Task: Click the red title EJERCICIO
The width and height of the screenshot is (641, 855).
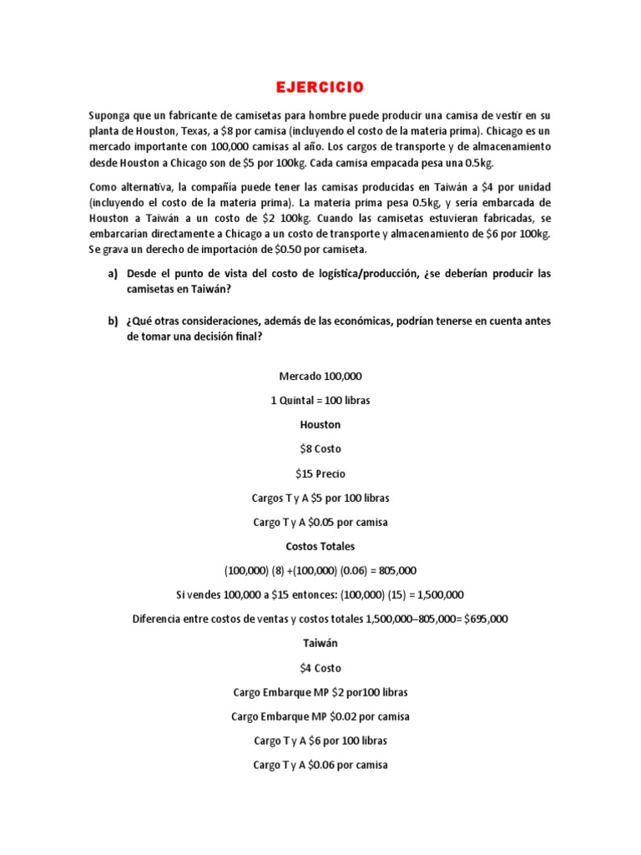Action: [x=320, y=87]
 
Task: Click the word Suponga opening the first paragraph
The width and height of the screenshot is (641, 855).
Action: [x=111, y=114]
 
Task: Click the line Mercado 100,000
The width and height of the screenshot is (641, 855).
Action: [x=320, y=376]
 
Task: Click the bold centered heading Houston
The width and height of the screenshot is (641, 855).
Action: [x=320, y=424]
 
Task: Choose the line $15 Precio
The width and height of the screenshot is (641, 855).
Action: [x=320, y=473]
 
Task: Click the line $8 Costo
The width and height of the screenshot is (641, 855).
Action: [x=320, y=448]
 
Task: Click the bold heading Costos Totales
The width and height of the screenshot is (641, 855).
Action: [x=320, y=546]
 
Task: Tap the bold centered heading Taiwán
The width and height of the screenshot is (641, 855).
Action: [x=320, y=644]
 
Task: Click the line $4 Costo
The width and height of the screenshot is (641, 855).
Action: [x=320, y=668]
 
